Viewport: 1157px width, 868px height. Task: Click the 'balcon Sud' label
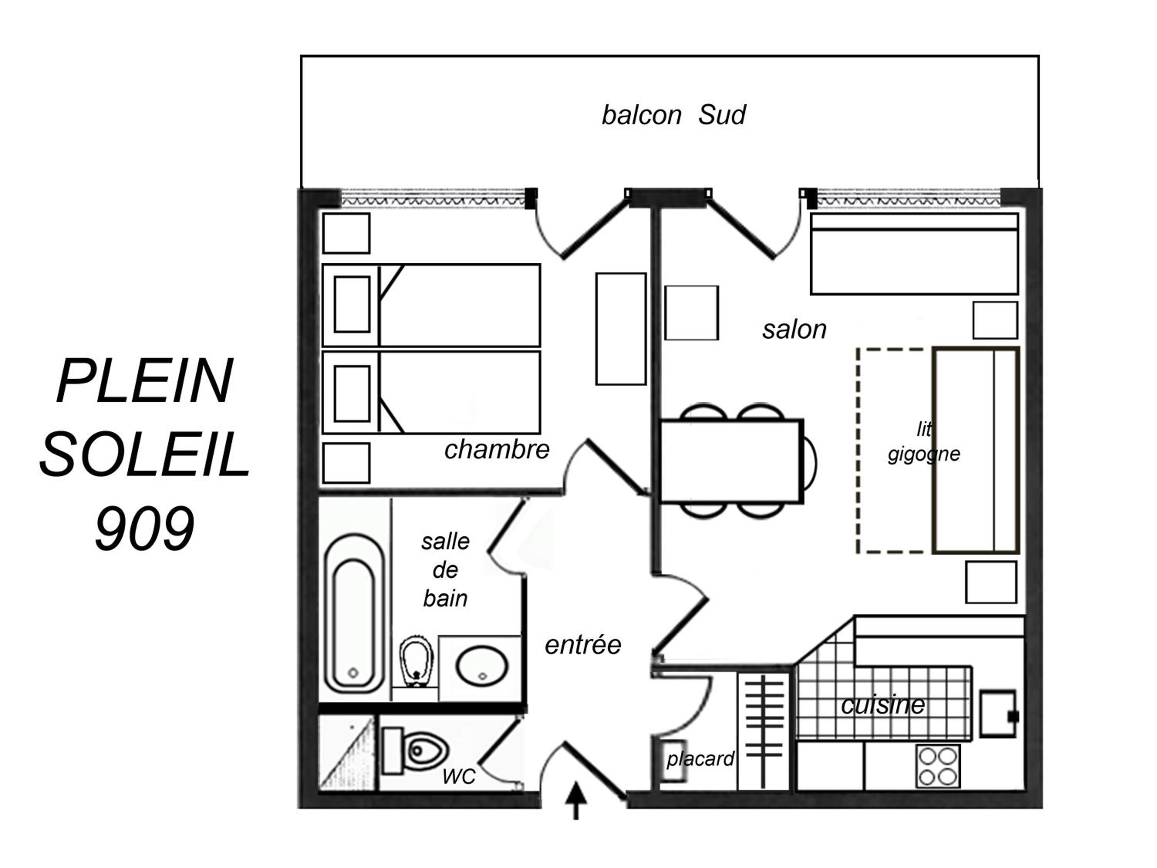coord(674,115)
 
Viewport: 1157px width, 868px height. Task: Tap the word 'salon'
coord(794,329)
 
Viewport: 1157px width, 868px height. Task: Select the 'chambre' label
coord(497,449)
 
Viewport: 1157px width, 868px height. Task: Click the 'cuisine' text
coord(883,705)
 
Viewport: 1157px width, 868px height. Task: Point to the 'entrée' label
coord(583,645)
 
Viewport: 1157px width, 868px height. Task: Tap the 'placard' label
coord(700,759)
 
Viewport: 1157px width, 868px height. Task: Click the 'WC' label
coord(459,777)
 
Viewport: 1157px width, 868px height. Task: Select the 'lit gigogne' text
coord(924,442)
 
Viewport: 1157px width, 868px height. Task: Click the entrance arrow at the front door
coord(576,800)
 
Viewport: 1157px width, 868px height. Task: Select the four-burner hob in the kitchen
coord(938,766)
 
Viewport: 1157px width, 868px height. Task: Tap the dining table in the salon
coord(731,461)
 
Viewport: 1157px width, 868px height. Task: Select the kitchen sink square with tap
coord(998,714)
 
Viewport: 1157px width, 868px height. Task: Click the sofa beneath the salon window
coord(914,254)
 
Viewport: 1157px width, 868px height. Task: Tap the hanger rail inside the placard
coord(764,731)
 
